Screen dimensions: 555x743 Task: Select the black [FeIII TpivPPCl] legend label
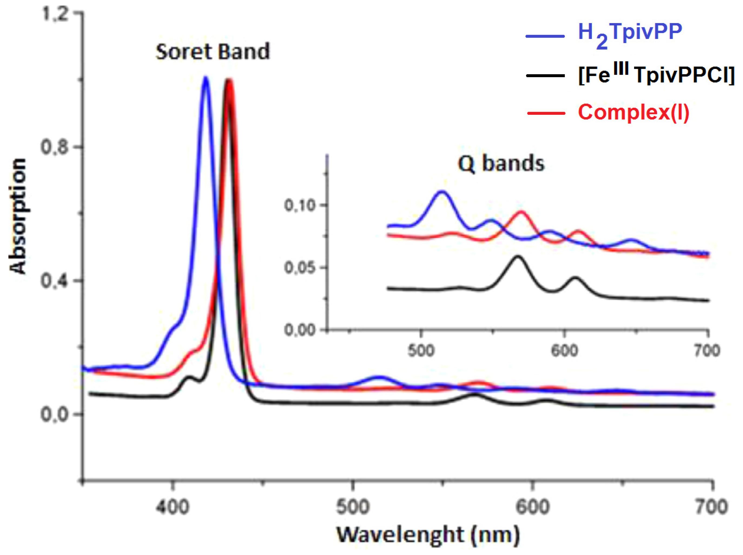tap(656, 75)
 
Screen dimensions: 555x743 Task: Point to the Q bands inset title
tap(501, 164)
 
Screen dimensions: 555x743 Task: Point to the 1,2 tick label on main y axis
tap(54, 14)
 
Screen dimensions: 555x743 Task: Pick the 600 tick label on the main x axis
tap(533, 507)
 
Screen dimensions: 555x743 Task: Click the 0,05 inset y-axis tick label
tap(300, 268)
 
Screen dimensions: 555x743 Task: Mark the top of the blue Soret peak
tap(205, 78)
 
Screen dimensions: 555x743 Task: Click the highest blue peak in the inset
tap(442, 192)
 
